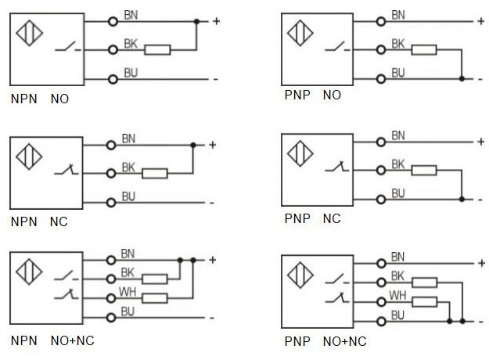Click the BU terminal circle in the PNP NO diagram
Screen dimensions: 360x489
coord(381,79)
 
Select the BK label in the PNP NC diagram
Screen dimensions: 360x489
coord(397,164)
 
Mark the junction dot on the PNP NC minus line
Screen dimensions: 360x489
coord(462,200)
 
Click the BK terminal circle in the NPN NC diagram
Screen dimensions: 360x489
coord(112,173)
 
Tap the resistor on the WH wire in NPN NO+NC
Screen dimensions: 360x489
coord(156,297)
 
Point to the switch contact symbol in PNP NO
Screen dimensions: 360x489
coord(343,49)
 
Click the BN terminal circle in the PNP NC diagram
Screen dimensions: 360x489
coord(381,142)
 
